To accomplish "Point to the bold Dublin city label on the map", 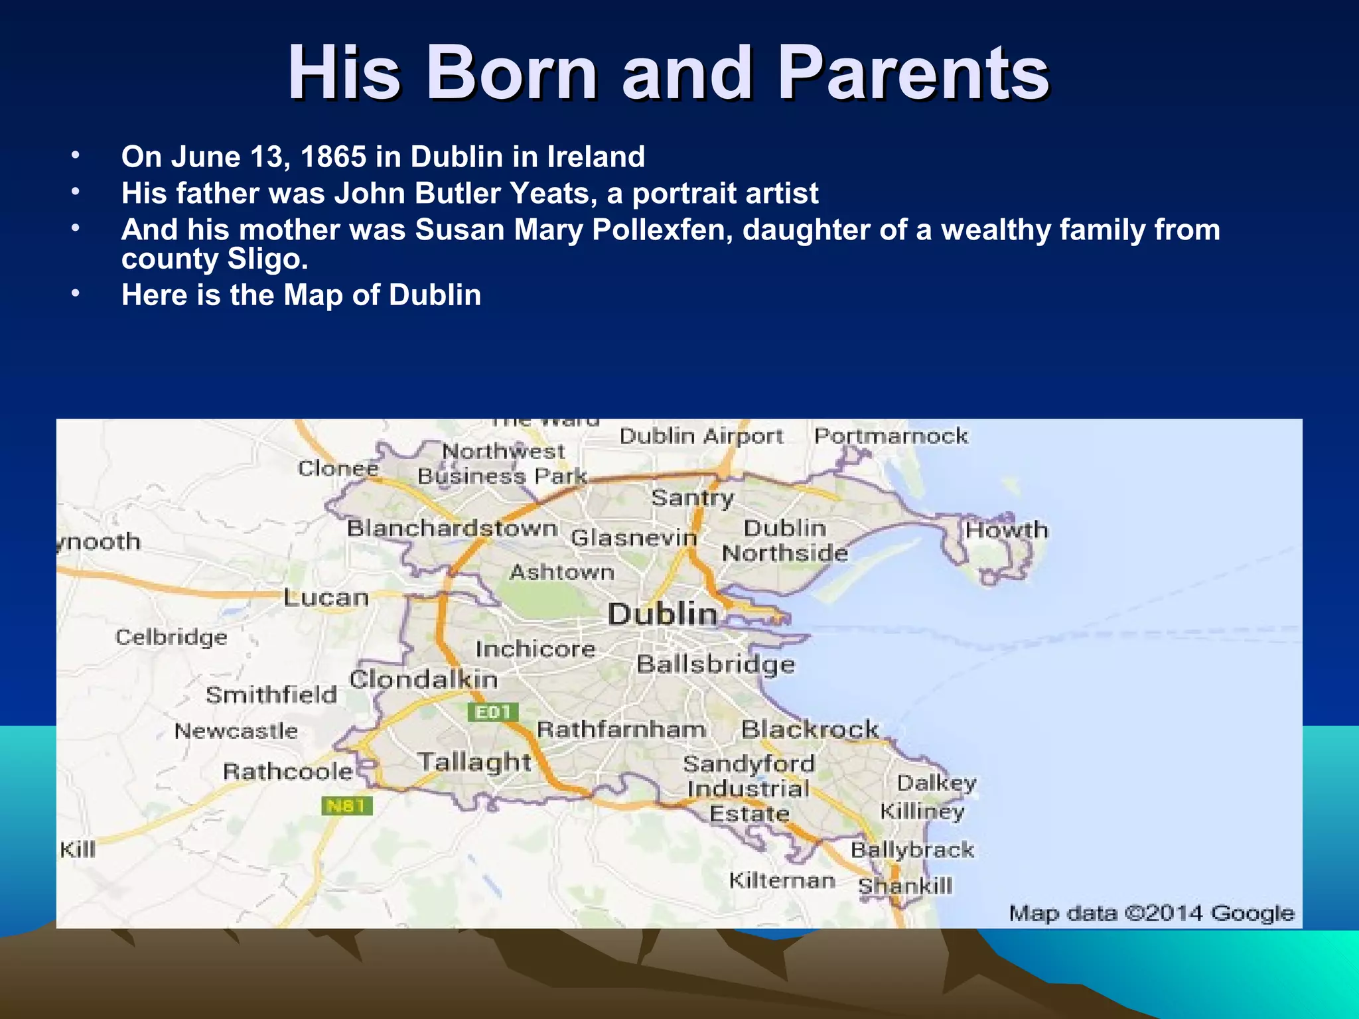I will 662,614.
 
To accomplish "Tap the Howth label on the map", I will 1006,530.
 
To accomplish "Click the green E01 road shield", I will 493,713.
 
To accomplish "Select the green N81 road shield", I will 346,806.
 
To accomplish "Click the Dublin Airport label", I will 701,437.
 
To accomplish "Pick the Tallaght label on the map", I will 474,762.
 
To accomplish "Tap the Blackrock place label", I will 810,729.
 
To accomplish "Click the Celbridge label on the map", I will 171,638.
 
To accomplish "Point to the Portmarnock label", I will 891,436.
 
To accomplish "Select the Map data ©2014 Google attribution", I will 1151,914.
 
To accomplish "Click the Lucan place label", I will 326,598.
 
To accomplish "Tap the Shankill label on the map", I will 905,886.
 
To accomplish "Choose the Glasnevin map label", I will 634,537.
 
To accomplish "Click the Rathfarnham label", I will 621,730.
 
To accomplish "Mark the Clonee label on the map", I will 338,468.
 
